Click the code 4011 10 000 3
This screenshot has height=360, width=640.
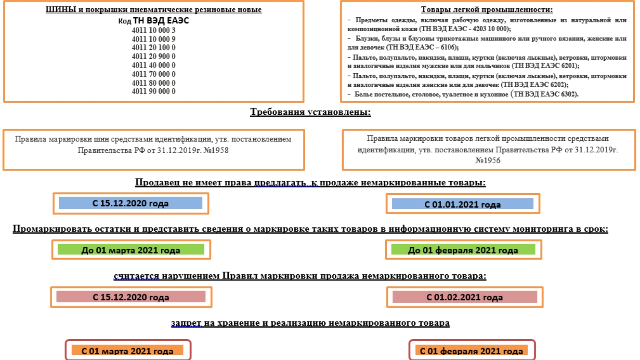153,30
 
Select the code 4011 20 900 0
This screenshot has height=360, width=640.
153,56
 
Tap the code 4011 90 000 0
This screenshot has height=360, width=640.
153,91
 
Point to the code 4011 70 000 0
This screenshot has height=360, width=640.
153,74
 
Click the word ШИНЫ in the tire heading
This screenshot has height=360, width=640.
61,10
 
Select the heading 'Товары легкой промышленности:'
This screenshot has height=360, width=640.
486,10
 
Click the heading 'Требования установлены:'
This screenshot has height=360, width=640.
310,112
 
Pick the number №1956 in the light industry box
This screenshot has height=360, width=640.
488,160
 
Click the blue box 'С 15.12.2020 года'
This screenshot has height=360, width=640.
130,203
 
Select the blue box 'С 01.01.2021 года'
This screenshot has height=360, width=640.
462,204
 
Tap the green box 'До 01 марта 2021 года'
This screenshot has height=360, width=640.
131,250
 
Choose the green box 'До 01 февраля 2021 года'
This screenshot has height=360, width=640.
463,250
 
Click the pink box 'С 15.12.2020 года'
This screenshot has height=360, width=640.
131,297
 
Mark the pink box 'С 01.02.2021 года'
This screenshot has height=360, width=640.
464,297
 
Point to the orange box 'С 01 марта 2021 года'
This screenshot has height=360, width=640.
127,350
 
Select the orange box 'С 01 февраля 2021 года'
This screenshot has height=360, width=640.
471,350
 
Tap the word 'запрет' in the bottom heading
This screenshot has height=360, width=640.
186,323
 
